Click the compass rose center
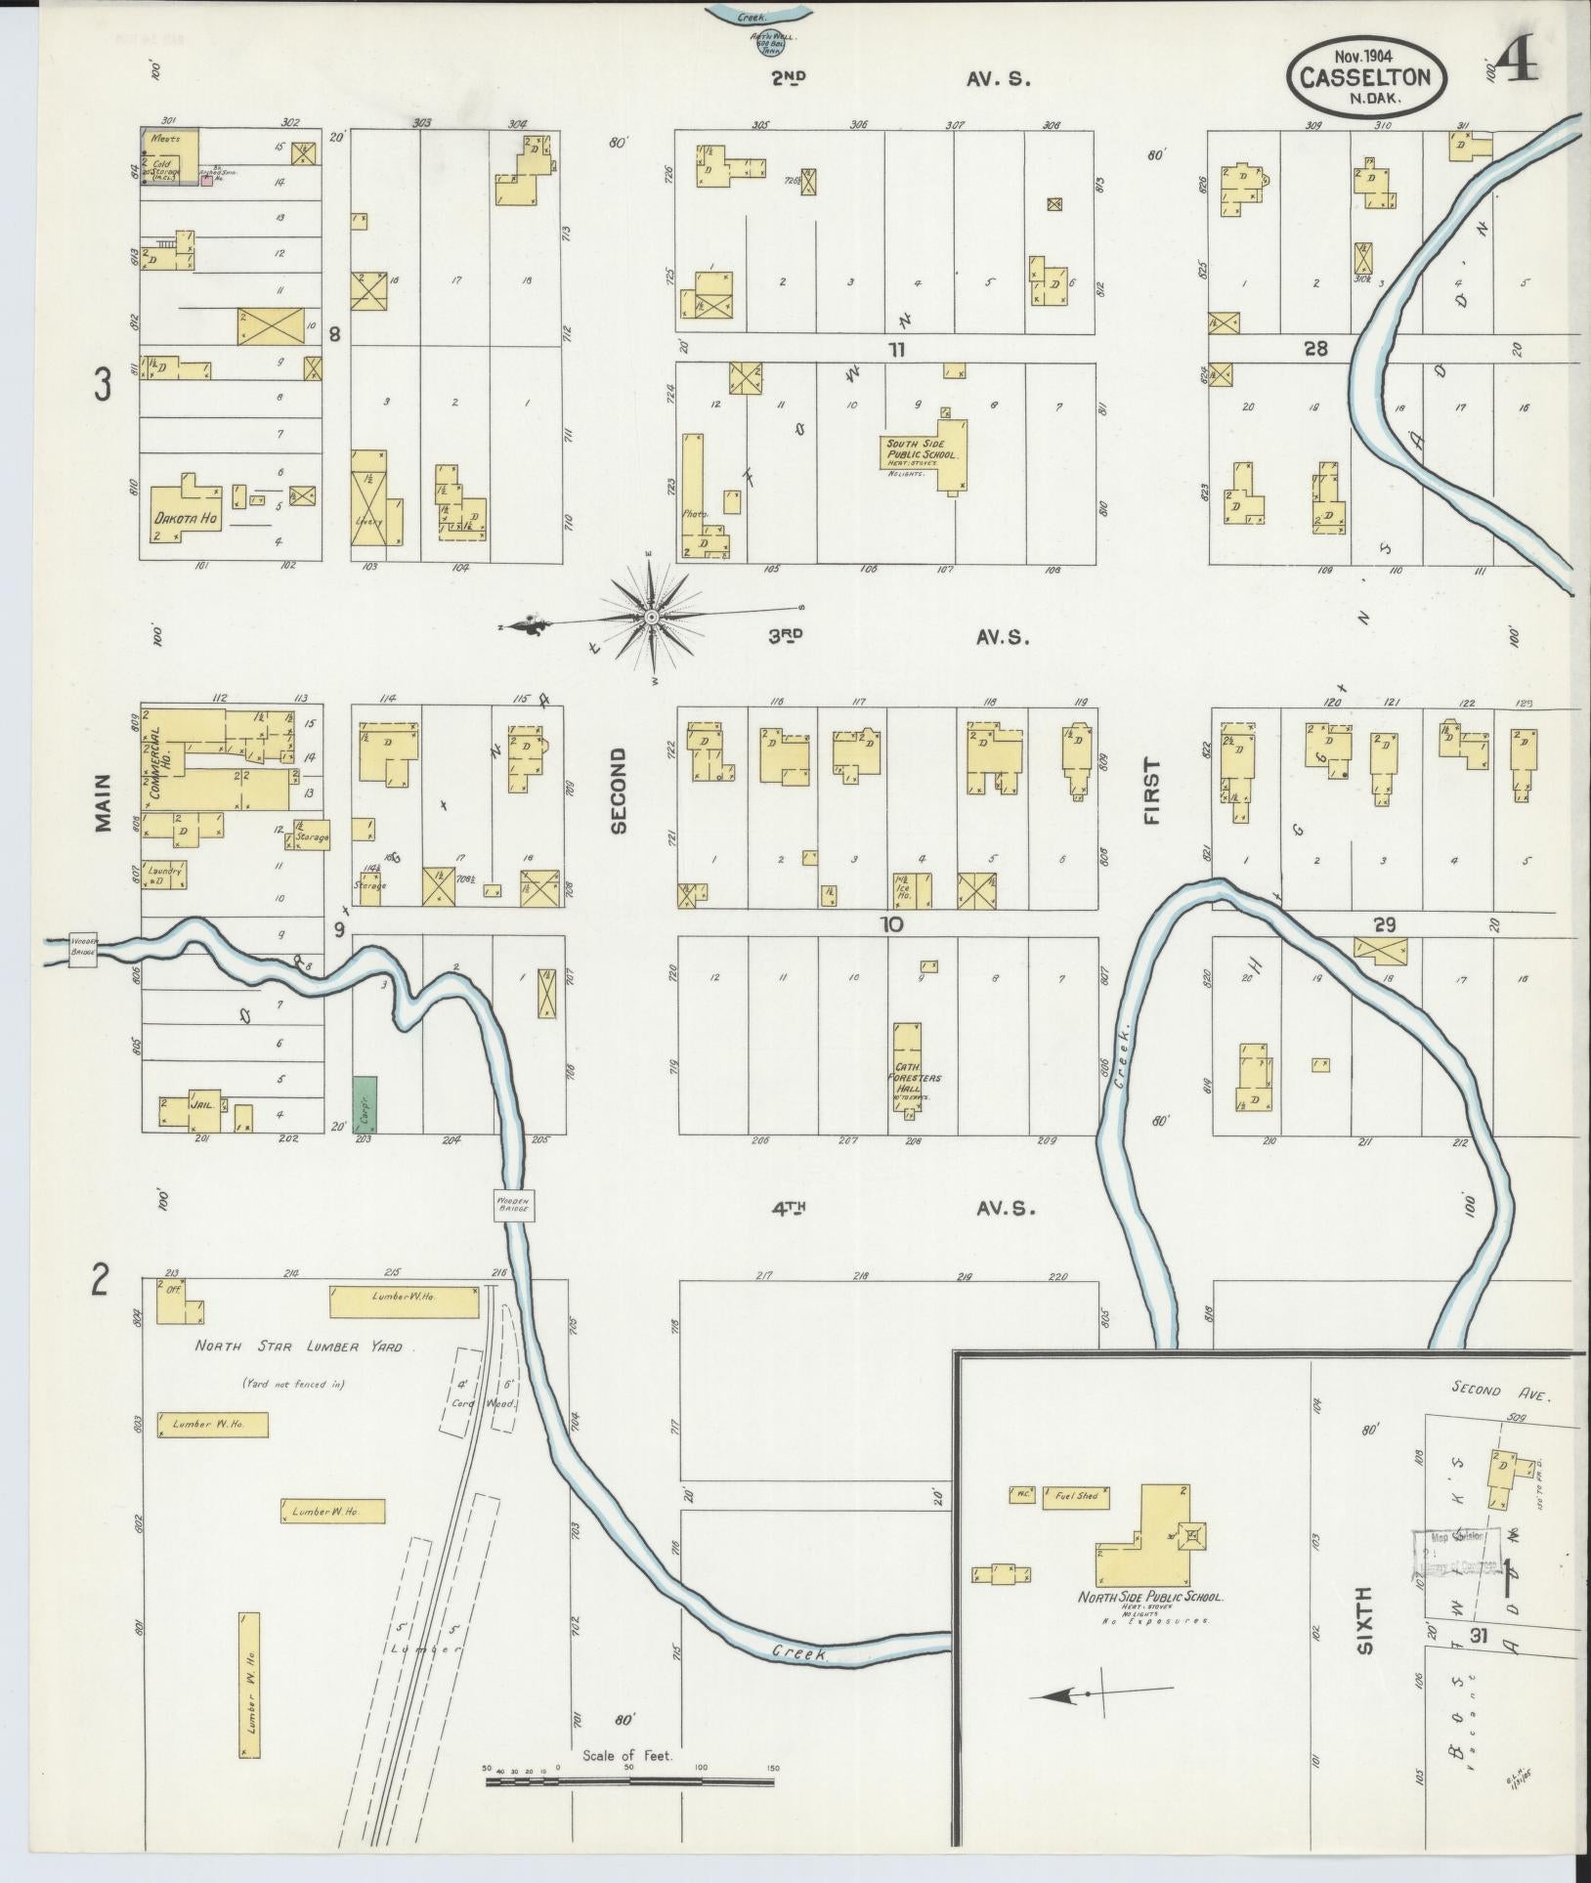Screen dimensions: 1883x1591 pos(651,617)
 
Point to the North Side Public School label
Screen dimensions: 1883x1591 pos(1149,1597)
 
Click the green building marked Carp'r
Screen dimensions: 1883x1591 pos(365,1104)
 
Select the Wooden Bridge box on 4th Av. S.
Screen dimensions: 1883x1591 pos(513,1205)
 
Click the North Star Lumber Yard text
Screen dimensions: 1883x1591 pos(298,1347)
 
